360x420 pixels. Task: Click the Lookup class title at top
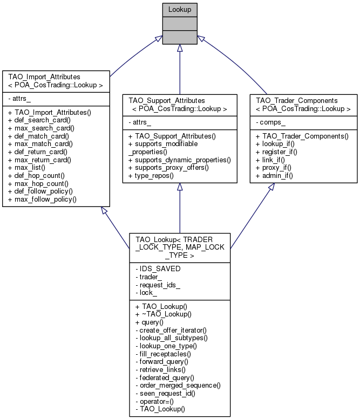coord(180,9)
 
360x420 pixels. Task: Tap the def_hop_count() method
coord(36,176)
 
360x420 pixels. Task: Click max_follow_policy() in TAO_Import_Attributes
coord(42,199)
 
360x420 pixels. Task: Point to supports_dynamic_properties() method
coord(180,160)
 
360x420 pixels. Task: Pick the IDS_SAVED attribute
coord(160,268)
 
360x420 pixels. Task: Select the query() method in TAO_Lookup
coord(150,322)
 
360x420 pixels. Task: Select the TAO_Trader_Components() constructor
coord(302,136)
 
